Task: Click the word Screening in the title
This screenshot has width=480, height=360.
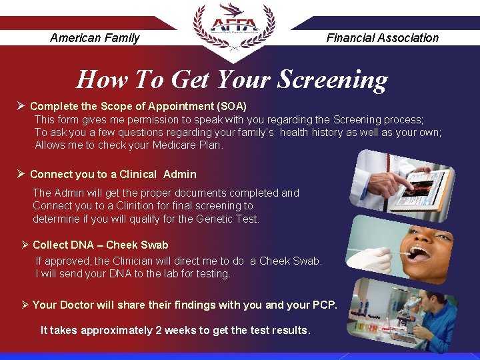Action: point(331,80)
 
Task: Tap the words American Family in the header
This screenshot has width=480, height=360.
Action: point(95,38)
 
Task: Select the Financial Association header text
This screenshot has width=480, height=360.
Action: point(382,38)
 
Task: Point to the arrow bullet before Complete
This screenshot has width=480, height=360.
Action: point(21,106)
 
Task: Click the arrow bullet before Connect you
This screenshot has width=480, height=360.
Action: point(21,174)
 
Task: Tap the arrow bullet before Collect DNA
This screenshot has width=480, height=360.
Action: point(25,245)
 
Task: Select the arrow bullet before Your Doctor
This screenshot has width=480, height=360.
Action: point(25,305)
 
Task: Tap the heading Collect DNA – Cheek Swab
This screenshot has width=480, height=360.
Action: point(100,245)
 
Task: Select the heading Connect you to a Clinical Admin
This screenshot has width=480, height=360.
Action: point(113,174)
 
